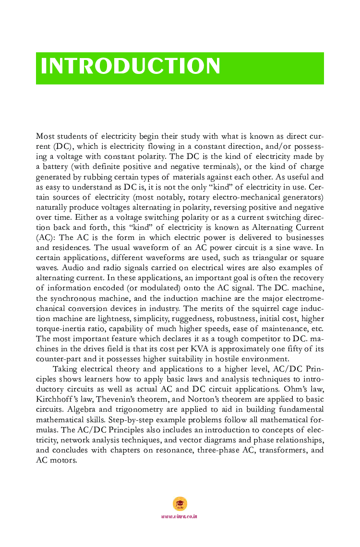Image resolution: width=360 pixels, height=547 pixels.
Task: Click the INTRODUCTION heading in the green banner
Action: tap(131, 66)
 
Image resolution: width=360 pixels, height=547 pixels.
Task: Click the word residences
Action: tap(72, 248)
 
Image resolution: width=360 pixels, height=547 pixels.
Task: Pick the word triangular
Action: tap(273, 258)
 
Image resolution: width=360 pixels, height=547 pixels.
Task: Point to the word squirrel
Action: tap(252, 308)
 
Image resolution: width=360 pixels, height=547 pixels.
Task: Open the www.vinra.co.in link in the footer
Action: tap(180, 516)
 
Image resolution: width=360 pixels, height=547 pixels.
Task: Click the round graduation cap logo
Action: tap(180, 503)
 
